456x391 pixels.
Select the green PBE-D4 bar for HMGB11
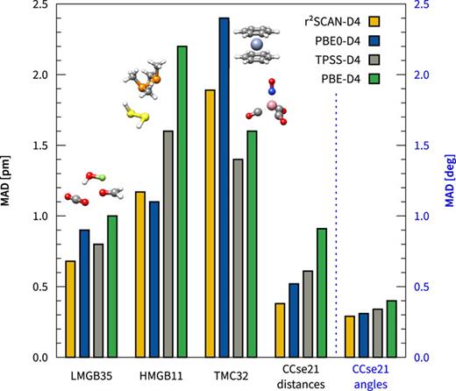[x=182, y=202]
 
